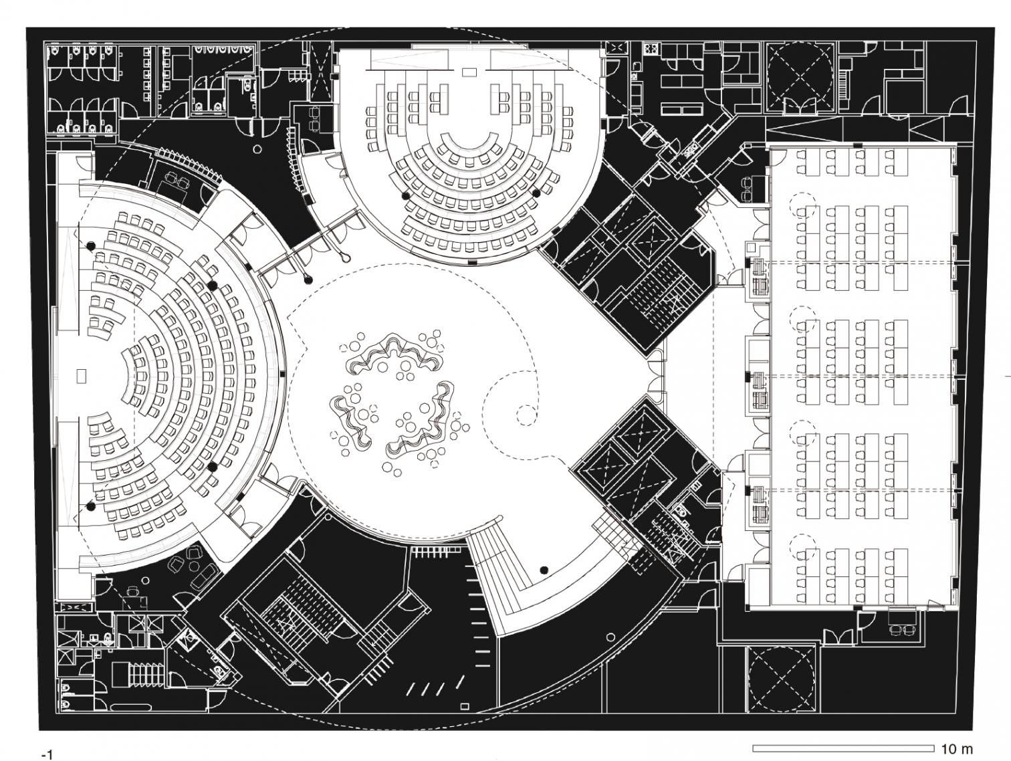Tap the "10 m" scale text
click(x=957, y=748)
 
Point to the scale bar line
click(x=843, y=748)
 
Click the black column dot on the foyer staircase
click(x=545, y=570)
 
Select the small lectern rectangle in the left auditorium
click(x=82, y=376)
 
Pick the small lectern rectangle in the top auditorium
click(x=469, y=71)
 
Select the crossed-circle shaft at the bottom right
click(x=781, y=678)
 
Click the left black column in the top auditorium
click(x=405, y=195)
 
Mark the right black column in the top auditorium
click(x=536, y=193)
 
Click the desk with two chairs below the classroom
click(x=901, y=622)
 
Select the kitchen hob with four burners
click(x=651, y=49)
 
